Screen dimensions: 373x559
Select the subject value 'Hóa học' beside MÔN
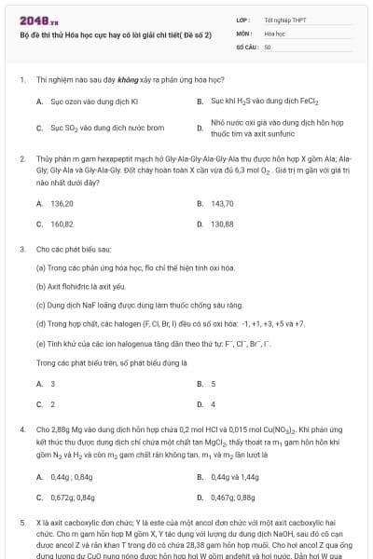tap(274, 33)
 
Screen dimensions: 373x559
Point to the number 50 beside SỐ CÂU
tap(268, 46)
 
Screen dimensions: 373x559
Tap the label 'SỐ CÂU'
tap(245, 46)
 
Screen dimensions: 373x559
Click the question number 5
tap(22, 525)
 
